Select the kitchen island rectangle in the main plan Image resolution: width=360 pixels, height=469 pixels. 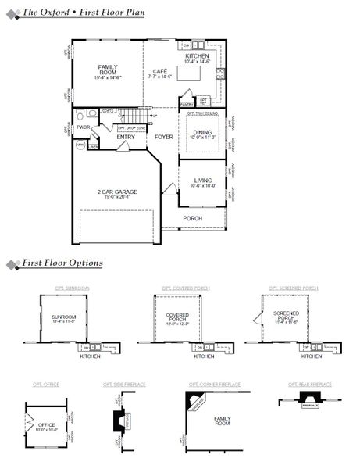click(x=190, y=73)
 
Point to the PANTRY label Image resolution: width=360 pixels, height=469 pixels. click(x=187, y=103)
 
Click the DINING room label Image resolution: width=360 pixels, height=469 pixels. click(x=201, y=134)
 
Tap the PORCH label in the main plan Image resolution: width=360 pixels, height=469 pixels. click(x=192, y=218)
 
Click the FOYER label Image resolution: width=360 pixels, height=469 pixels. click(x=163, y=137)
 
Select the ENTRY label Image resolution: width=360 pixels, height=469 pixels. click(x=126, y=137)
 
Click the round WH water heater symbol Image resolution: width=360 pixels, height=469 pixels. click(x=80, y=145)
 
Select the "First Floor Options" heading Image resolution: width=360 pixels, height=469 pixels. click(x=62, y=263)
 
